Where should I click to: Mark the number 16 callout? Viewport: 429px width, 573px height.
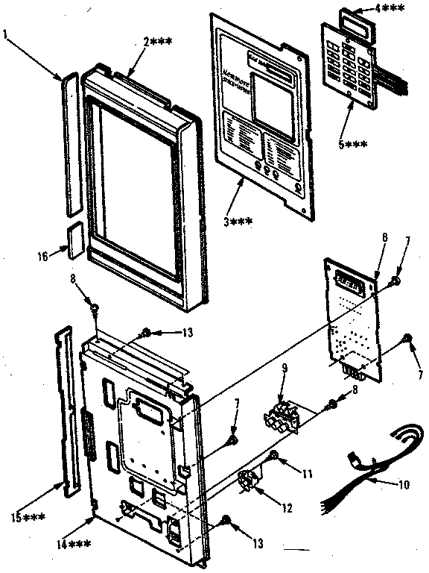point(42,256)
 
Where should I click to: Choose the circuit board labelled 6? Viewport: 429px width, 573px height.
point(355,313)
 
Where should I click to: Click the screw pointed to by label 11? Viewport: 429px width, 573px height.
point(274,454)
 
